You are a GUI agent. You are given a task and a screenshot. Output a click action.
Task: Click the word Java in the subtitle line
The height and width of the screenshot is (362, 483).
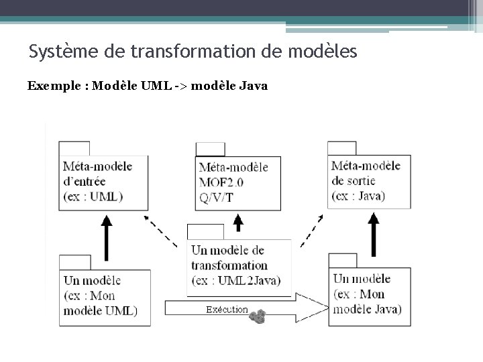(x=253, y=86)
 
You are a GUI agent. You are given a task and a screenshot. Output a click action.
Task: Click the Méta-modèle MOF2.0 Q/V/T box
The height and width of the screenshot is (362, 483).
(x=237, y=182)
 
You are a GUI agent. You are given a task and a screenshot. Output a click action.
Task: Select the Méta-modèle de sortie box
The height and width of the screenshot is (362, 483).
(x=369, y=181)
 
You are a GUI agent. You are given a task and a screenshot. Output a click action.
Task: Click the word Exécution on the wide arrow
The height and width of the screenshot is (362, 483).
(x=227, y=310)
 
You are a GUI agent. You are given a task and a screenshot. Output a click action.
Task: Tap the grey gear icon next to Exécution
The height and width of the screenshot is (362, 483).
(x=258, y=316)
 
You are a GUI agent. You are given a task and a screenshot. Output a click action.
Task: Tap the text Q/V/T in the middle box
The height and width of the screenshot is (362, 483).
(x=216, y=196)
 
